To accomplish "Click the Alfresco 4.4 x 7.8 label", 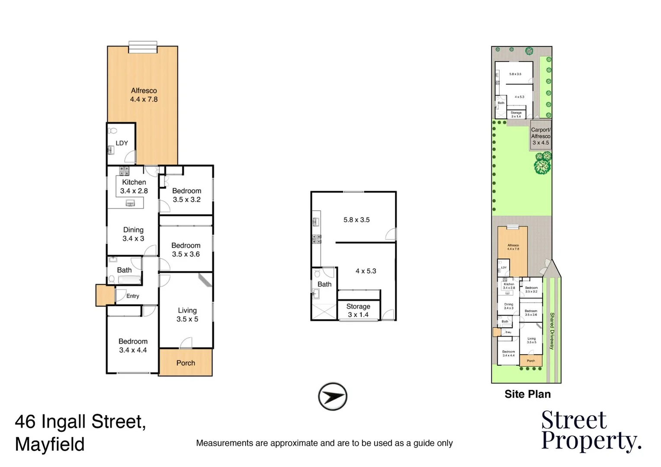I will [x=144, y=95].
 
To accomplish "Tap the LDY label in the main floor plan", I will [x=122, y=143].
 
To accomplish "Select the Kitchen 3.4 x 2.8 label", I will [x=134, y=186].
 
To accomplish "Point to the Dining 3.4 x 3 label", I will [x=133, y=234].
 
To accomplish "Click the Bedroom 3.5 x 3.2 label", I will [x=186, y=195].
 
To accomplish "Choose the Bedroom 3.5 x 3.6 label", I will [x=186, y=249].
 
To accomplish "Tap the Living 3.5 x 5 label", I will [x=187, y=315].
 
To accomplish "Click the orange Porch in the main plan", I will [x=186, y=363].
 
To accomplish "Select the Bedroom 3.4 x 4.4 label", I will [x=133, y=345].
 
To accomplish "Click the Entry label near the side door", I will [x=133, y=296].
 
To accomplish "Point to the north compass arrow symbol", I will [x=332, y=397].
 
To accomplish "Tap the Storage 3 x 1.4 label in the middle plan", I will [x=358, y=310].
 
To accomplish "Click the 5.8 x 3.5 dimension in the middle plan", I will [x=356, y=220].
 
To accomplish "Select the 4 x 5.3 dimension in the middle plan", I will [x=366, y=271].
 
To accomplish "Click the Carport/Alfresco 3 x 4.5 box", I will [x=540, y=136].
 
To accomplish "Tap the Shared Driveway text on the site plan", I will [x=552, y=331].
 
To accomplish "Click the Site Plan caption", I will [x=527, y=394].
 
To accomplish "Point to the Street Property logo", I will [x=590, y=431].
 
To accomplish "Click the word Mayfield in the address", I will [x=50, y=445].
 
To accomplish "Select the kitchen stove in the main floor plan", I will [x=124, y=171].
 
